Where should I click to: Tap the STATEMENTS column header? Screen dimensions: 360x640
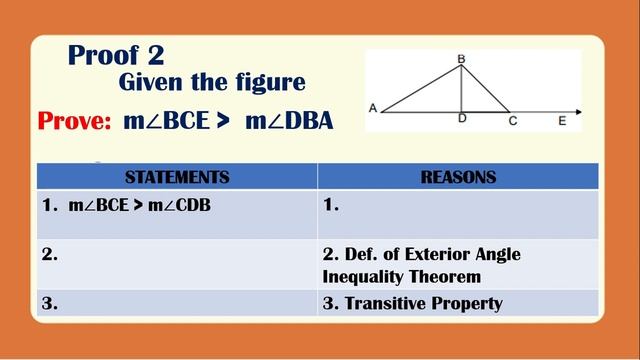click(177, 177)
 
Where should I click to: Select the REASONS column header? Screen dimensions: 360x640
click(458, 177)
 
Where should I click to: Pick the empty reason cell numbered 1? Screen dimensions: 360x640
click(458, 213)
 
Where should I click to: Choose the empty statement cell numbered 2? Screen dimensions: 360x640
click(177, 264)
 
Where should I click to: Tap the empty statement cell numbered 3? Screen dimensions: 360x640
click(177, 303)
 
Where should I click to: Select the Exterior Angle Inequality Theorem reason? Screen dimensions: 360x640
click(420, 265)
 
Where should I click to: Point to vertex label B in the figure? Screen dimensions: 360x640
click(461, 59)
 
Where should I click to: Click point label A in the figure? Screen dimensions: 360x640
click(372, 109)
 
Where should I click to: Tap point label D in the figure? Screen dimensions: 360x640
click(462, 119)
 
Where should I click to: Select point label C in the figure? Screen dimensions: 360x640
click(512, 120)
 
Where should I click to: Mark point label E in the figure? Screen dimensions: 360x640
click(562, 120)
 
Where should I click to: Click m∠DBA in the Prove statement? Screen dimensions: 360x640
click(289, 122)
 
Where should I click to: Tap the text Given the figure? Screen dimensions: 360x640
click(212, 83)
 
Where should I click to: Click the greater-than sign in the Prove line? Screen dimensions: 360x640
click(223, 122)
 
